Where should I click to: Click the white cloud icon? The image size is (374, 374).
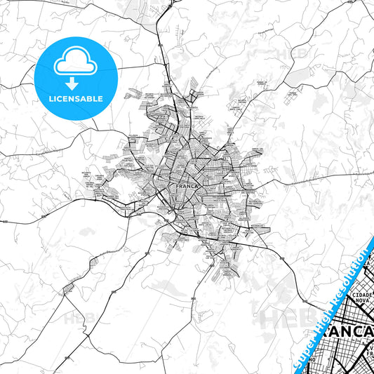tap(74, 62)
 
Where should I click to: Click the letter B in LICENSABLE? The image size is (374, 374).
tap(92, 99)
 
